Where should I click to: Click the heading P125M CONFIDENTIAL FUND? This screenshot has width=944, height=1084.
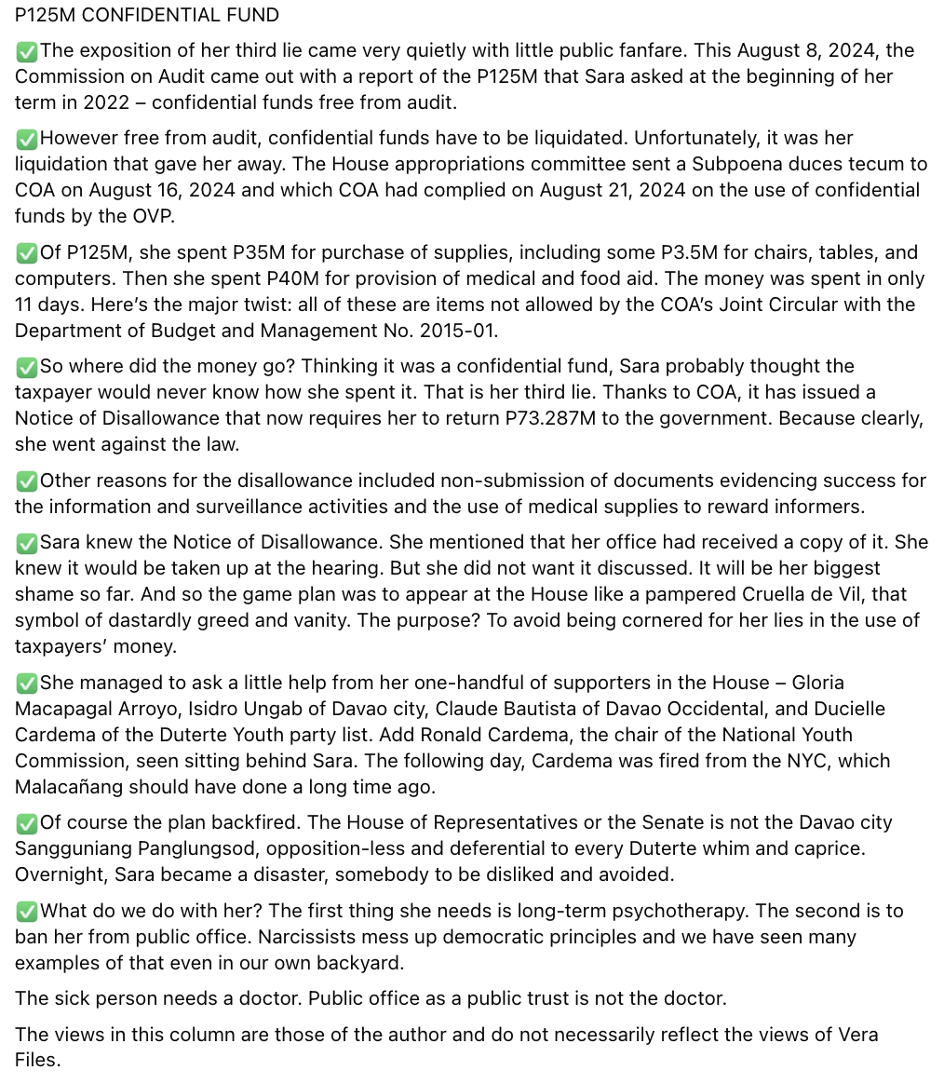point(146,15)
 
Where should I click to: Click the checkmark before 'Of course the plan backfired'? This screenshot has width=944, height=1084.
point(26,823)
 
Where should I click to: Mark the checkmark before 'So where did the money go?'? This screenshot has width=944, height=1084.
point(26,366)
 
